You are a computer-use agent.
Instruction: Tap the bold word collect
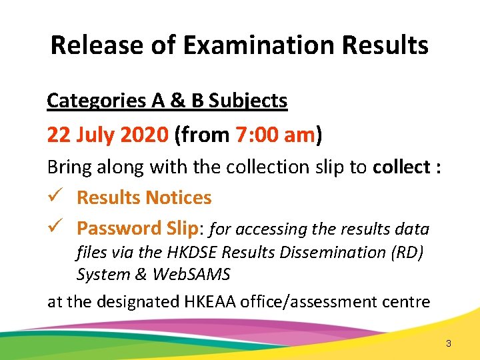(x=401, y=167)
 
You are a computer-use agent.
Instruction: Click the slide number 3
(x=449, y=344)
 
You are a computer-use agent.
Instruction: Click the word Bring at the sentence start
(x=67, y=167)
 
